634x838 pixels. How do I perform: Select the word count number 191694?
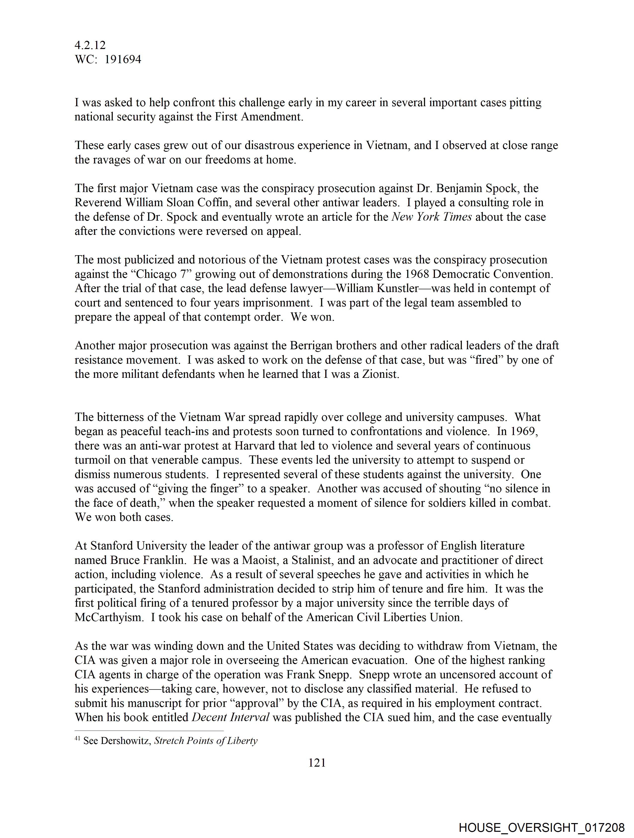123,59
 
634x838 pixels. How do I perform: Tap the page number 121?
317,763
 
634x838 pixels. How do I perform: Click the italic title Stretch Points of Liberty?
206,741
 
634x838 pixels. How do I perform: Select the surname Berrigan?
314,345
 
